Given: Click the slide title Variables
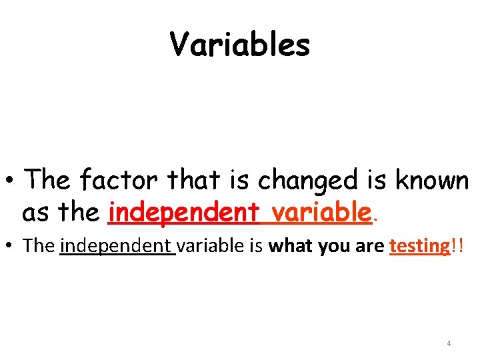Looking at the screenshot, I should pyautogui.click(x=240, y=45).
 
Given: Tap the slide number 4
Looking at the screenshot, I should pyautogui.click(x=449, y=343).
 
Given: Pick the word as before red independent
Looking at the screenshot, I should pyautogui.click(x=35, y=213).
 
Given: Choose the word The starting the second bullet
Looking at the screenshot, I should pyautogui.click(x=39, y=246).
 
